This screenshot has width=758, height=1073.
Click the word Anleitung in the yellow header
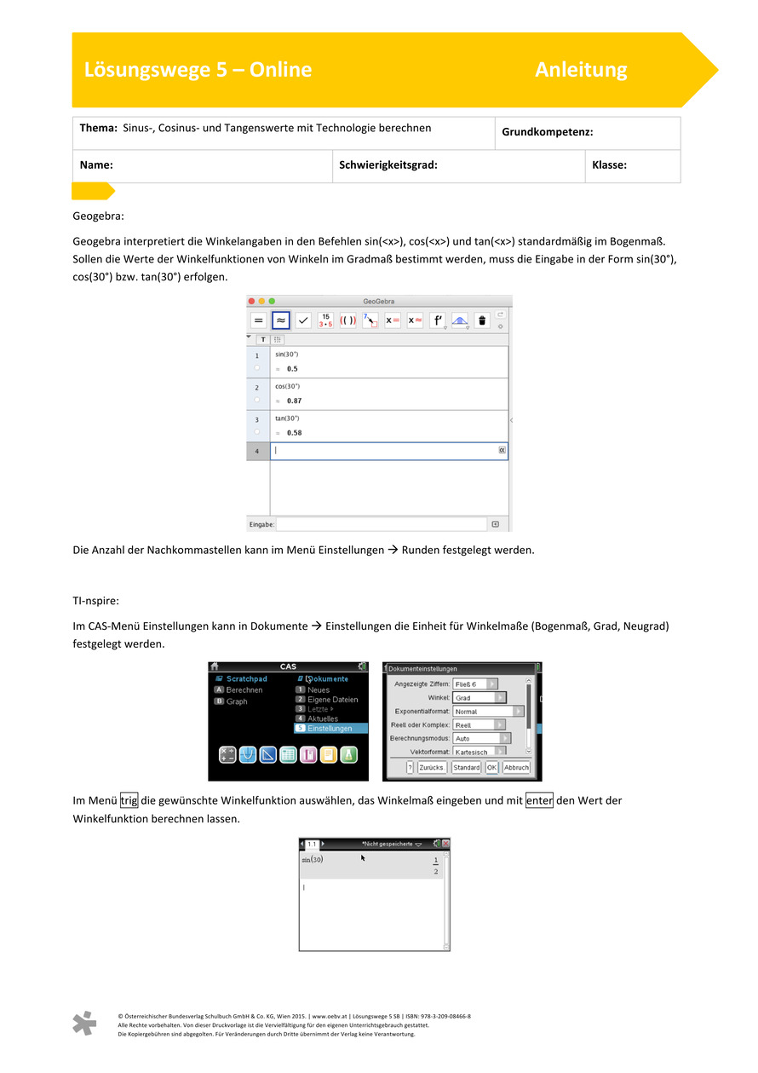(581, 70)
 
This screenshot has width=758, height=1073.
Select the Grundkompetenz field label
(547, 132)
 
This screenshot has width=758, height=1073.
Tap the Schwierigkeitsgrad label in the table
(388, 165)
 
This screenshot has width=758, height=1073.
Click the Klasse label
(609, 165)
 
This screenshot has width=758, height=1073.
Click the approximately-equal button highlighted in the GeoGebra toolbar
(280, 320)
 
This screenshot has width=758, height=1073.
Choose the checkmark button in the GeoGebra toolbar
(302, 320)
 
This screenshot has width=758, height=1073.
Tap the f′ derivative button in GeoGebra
(437, 320)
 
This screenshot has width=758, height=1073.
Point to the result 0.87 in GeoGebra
(294, 401)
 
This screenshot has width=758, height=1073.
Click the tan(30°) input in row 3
(287, 418)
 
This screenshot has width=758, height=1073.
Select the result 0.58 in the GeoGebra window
(294, 433)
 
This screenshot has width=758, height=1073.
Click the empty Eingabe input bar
(382, 524)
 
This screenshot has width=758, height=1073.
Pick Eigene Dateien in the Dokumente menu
(332, 700)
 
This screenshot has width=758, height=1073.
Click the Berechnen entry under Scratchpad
(244, 690)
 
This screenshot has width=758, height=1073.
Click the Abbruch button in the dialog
(516, 767)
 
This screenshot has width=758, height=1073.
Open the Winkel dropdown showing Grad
(479, 697)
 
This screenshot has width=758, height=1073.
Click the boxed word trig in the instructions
(129, 800)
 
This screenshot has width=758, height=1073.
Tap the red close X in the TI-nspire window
(445, 844)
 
